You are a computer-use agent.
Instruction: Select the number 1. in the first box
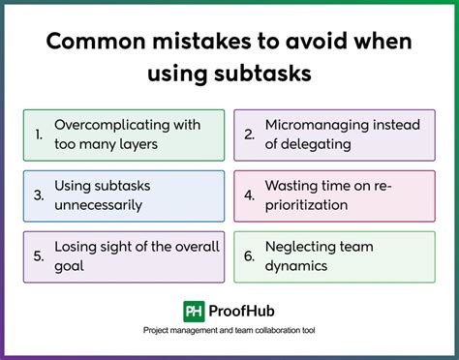click(x=38, y=135)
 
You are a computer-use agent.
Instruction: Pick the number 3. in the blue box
click(x=38, y=194)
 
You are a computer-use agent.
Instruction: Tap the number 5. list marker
click(x=38, y=255)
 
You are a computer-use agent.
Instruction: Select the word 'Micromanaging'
click(x=312, y=125)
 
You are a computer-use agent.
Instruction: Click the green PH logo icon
click(x=193, y=311)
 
